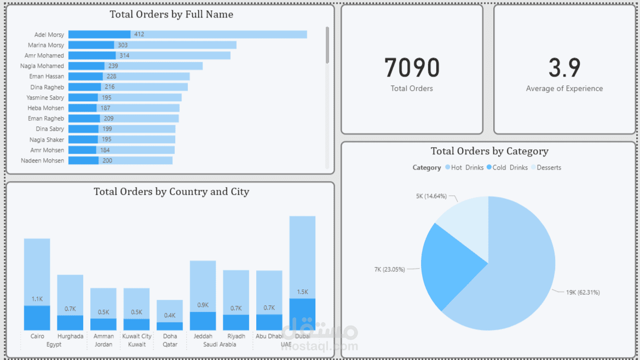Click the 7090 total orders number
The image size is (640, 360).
pyautogui.click(x=412, y=68)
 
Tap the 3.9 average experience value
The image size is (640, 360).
pyautogui.click(x=564, y=68)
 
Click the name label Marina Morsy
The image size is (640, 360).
pyautogui.click(x=46, y=45)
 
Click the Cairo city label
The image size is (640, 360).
pyautogui.click(x=37, y=336)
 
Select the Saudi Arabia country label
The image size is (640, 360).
pyautogui.click(x=220, y=345)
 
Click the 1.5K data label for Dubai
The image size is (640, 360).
pyautogui.click(x=302, y=292)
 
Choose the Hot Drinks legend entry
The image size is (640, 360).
pyautogui.click(x=464, y=167)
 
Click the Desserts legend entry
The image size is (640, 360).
pyautogui.click(x=549, y=167)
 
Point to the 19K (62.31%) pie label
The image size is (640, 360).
pyautogui.click(x=583, y=292)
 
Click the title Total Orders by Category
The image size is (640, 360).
pyautogui.click(x=489, y=151)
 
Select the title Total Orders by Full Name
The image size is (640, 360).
pyautogui.click(x=171, y=14)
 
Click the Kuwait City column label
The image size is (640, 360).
pyautogui.click(x=137, y=336)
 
